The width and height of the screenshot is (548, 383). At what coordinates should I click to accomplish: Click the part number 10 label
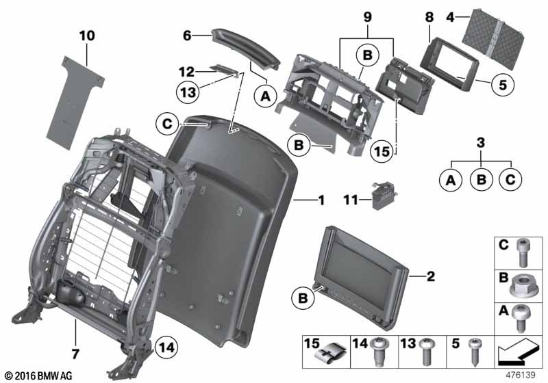pos(87,36)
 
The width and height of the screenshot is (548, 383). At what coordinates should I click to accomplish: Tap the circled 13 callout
pos(188,92)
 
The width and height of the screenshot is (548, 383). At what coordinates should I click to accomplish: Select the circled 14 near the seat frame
pos(166,347)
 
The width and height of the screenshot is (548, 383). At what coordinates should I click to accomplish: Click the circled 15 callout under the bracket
pos(382,151)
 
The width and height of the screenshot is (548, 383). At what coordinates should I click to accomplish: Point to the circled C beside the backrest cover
pos(167,124)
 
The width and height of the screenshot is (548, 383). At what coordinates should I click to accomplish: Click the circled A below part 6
pos(266,96)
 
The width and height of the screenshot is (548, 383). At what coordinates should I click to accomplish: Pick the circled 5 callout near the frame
pos(503,85)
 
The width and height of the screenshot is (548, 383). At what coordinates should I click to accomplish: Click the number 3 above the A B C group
pos(481,142)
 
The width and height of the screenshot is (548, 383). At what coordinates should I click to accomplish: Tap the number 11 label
pos(351,200)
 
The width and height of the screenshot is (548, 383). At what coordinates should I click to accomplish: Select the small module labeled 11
pos(384,197)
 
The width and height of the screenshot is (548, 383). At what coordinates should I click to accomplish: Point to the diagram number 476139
pos(521,375)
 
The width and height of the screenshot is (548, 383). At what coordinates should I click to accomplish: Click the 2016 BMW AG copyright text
pos(39,375)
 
